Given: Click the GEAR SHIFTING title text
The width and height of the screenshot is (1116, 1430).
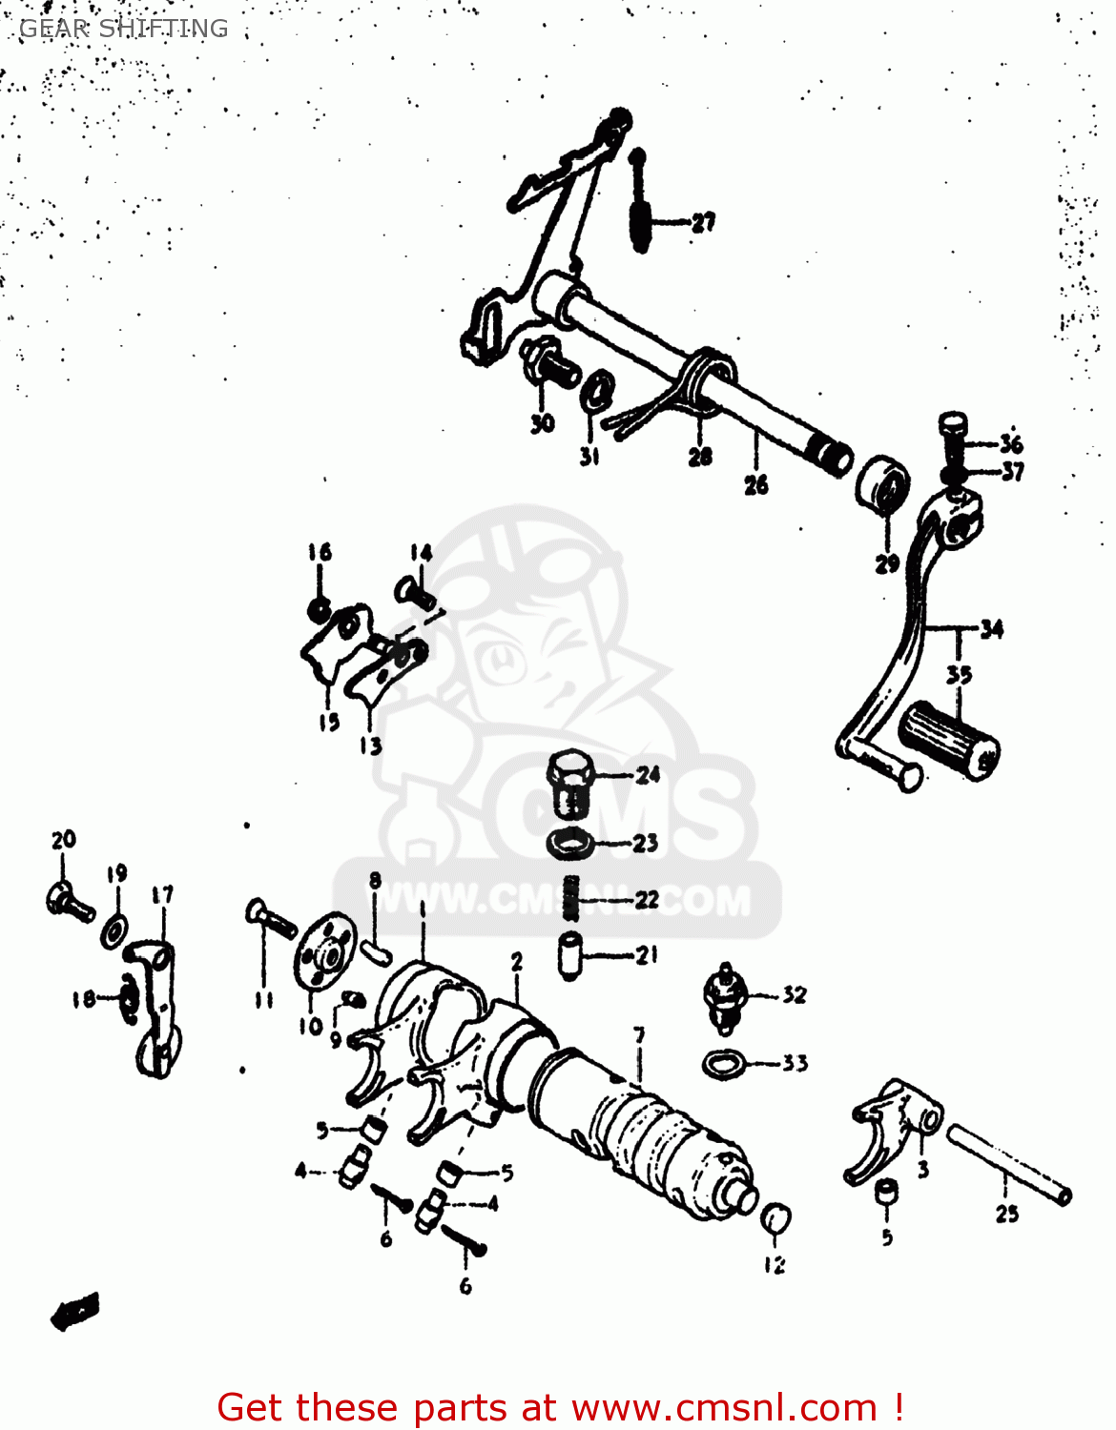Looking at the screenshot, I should coord(124,29).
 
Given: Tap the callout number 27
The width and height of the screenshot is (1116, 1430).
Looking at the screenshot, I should coord(703,223).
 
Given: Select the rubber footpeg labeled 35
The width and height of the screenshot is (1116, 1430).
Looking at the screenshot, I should coord(948,741).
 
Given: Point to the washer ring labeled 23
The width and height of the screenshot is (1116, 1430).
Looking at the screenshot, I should coord(570,843).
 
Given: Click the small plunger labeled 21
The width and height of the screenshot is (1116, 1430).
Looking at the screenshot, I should coord(571,955).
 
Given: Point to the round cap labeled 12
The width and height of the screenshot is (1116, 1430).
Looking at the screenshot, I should coord(775,1218).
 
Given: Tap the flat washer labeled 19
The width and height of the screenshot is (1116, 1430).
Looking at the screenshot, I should coord(114,929).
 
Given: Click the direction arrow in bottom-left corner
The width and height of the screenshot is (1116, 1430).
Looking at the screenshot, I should coord(75,1311).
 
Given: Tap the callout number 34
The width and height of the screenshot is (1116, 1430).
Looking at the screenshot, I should coord(991,629).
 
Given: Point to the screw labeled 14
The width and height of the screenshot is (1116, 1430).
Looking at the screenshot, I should coord(415,592).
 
